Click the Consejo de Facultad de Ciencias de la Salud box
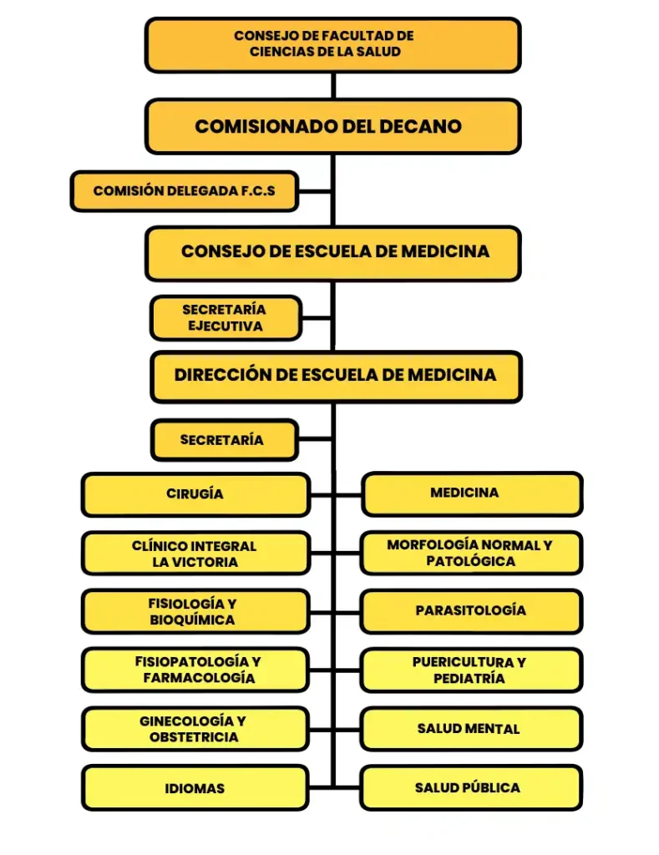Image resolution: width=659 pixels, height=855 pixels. click(332, 44)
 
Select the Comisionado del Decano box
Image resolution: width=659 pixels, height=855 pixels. click(332, 126)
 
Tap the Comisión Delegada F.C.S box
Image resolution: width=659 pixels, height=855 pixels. click(184, 191)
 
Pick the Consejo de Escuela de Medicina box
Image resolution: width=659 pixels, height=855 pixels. click(332, 252)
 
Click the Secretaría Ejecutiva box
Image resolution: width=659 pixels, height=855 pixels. click(225, 318)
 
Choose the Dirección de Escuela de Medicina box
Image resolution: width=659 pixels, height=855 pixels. click(335, 376)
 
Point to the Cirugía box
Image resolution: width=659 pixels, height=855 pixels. click(195, 494)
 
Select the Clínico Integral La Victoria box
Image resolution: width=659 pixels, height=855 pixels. click(195, 554)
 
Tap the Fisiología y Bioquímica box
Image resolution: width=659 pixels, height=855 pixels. click(195, 612)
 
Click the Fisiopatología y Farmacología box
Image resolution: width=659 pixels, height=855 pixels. click(195, 670)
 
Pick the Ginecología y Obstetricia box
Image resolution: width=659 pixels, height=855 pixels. click(195, 729)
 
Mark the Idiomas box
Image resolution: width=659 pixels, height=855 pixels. click(195, 788)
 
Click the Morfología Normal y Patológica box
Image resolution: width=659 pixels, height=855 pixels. click(471, 553)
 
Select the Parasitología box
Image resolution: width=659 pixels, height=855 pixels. click(471, 611)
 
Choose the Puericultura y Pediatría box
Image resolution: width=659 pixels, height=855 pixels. click(471, 670)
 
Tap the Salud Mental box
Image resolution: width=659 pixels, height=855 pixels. click(471, 729)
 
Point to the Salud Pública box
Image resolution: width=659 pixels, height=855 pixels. click(471, 787)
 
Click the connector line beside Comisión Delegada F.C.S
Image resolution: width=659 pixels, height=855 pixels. click(315, 191)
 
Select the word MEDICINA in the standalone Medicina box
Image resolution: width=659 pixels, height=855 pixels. click(464, 493)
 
